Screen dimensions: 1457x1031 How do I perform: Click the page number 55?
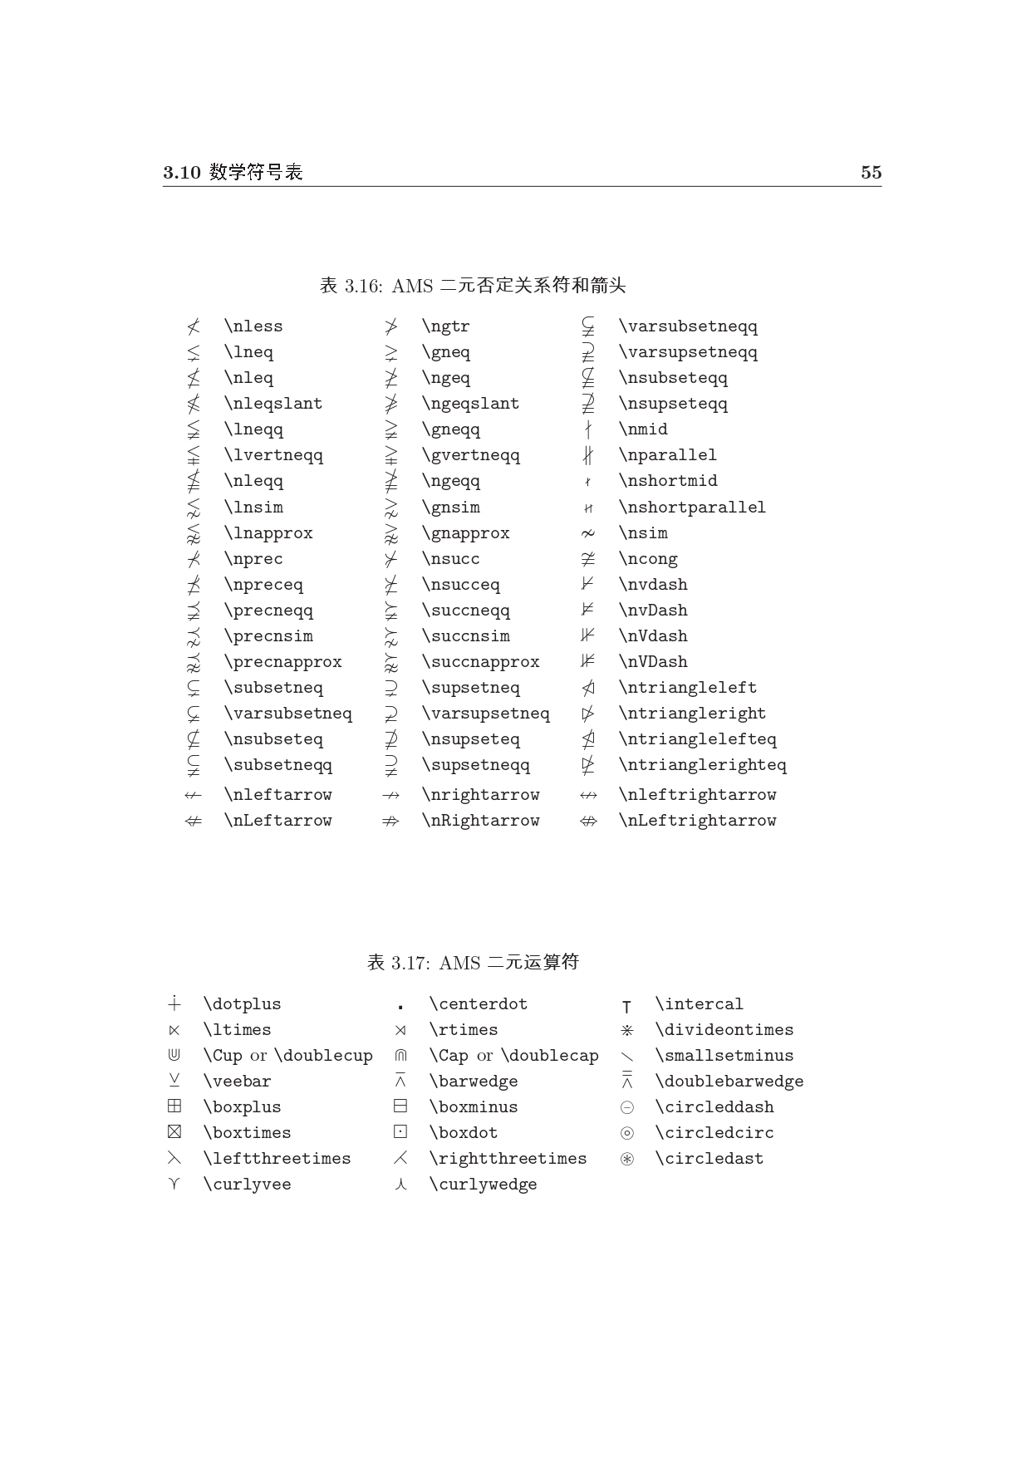[871, 173]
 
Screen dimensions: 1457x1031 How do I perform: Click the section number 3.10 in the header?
[182, 173]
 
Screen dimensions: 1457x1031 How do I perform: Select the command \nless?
[253, 326]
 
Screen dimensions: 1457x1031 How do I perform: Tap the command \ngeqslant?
[470, 404]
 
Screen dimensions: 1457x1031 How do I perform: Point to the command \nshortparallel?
[692, 508]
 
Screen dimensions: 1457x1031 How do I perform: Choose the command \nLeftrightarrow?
[697, 821]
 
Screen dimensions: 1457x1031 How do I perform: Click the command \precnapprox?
[282, 662]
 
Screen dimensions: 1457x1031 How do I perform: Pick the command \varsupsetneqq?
[688, 352]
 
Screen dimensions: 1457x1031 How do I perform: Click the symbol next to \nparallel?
[588, 455]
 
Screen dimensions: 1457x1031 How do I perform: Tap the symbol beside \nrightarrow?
[391, 795]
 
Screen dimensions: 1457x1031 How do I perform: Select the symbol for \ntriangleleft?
[588, 688]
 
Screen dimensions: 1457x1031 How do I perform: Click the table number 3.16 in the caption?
[362, 287]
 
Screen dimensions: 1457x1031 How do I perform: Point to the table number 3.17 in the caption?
[410, 964]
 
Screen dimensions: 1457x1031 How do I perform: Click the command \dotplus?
[242, 1004]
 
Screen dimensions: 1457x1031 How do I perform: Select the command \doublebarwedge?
[729, 1082]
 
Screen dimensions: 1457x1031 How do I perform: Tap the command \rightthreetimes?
[508, 1159]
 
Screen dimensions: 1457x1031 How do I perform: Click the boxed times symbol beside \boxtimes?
[174, 1132]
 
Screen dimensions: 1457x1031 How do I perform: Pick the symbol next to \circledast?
[627, 1159]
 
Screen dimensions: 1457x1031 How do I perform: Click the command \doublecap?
[550, 1056]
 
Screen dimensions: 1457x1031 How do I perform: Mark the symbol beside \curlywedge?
[400, 1185]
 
